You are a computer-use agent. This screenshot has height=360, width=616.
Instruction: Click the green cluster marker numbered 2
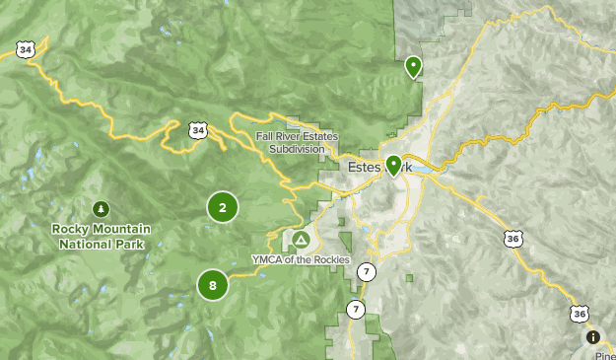click(223, 207)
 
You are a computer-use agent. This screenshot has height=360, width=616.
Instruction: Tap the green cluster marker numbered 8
click(213, 285)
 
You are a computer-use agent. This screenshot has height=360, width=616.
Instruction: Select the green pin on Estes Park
click(393, 165)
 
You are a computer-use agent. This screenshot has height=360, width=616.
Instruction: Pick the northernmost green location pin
click(413, 66)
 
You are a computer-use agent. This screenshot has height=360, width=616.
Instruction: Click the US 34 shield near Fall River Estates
click(199, 130)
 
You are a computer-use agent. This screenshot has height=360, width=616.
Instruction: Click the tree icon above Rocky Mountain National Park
click(101, 208)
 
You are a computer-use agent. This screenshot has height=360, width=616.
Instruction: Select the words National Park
click(101, 244)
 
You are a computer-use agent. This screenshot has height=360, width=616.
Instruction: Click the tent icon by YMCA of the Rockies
click(301, 240)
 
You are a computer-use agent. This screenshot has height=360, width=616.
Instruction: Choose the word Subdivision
click(296, 150)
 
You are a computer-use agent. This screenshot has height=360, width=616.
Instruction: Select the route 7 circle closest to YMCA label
click(366, 271)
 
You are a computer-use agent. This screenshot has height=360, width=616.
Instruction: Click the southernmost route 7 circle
click(356, 310)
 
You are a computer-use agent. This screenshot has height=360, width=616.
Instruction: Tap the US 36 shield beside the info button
click(579, 314)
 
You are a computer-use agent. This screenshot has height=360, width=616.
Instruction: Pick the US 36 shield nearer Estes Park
click(512, 239)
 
